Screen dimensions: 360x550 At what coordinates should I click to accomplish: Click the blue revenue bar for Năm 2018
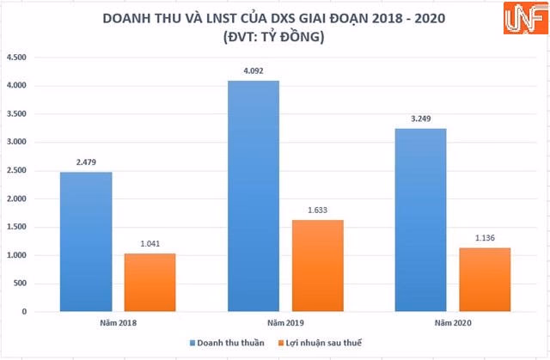pyautogui.click(x=87, y=241)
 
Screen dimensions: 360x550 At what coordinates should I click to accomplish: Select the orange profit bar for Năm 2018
pyautogui.click(x=150, y=283)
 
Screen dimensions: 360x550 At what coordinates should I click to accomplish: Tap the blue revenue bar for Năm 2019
pyautogui.click(x=254, y=196)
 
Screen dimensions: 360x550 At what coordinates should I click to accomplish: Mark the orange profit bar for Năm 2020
pyautogui.click(x=485, y=280)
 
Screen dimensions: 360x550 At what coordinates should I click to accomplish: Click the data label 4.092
pyautogui.click(x=254, y=72)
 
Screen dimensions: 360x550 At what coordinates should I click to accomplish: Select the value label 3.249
pyautogui.click(x=421, y=120)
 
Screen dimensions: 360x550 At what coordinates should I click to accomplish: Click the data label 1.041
pyautogui.click(x=150, y=245)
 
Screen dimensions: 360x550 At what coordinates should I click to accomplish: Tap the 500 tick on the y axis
pyautogui.click(x=21, y=284)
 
